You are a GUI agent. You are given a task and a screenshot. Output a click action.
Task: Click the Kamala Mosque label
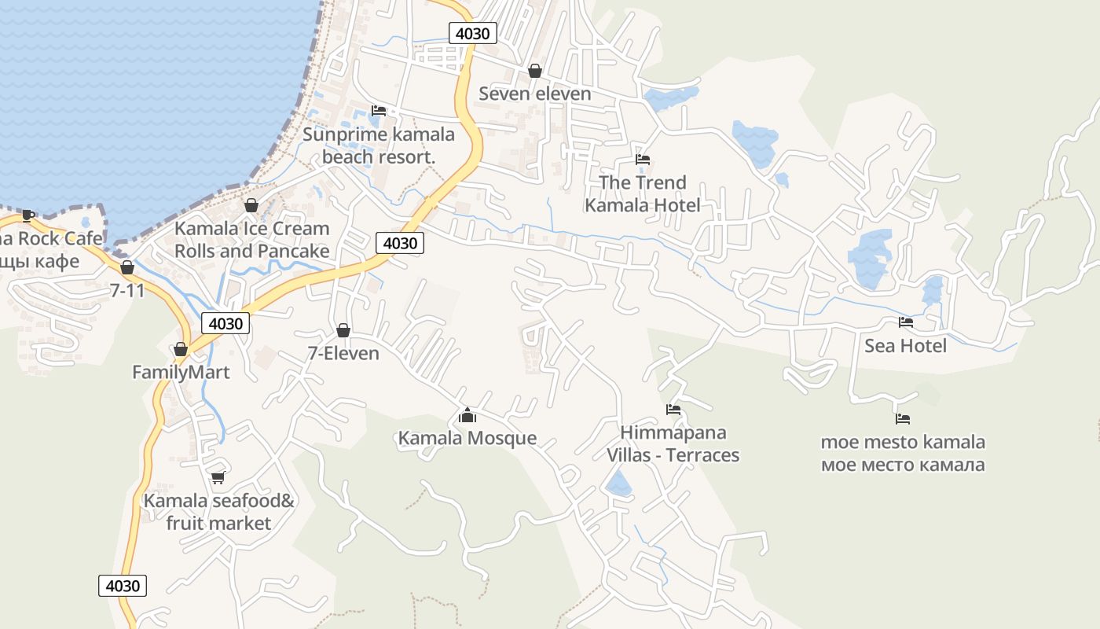pos(467,438)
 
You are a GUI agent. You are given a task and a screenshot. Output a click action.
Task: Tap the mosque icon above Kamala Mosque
pos(467,415)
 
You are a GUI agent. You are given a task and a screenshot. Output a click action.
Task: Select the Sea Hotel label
pos(905,345)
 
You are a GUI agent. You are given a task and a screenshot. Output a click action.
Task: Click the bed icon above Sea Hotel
pos(906,322)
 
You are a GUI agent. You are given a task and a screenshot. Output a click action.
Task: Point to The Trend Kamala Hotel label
pos(642,194)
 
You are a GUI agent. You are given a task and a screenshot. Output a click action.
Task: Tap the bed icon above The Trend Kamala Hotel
pos(643,160)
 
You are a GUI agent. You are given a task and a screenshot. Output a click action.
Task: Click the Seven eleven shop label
pos(535,94)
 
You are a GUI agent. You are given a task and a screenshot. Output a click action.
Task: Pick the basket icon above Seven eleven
pos(535,71)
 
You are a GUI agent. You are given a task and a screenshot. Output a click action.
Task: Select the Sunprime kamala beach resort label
pos(379,145)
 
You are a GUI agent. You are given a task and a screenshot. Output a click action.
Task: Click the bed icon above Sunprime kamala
pos(379,111)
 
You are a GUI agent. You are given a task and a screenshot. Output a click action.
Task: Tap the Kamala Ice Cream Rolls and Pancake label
pos(251,240)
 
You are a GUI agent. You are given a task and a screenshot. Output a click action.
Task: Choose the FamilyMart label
pos(181,372)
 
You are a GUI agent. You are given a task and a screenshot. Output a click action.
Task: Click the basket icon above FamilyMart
pos(181,349)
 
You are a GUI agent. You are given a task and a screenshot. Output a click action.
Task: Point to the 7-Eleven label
pos(343,353)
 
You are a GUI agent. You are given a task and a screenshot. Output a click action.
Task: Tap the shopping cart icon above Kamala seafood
pos(218,477)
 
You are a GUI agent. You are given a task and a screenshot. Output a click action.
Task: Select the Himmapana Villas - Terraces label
pos(673,443)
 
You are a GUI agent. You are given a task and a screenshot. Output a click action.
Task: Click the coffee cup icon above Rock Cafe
pos(28,215)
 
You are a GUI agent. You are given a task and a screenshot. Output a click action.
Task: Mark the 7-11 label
pos(127,290)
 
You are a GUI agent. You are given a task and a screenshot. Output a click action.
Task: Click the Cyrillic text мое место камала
pos(903,465)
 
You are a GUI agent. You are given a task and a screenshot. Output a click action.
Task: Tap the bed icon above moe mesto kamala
pos(903,419)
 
